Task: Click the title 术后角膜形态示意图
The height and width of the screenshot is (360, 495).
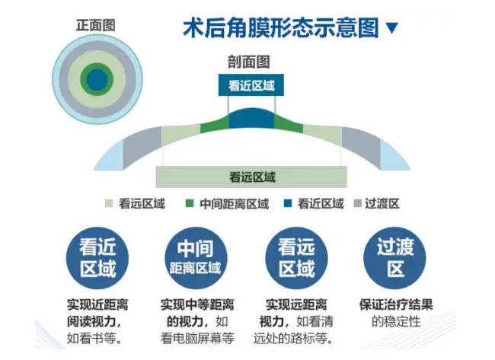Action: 281,27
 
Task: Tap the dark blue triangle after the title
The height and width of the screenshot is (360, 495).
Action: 391,27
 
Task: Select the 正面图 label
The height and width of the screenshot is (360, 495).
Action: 96,25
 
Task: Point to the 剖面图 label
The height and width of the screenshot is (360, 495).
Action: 249,62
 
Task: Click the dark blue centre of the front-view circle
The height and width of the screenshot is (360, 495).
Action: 97,79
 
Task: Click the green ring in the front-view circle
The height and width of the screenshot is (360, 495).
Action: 97,66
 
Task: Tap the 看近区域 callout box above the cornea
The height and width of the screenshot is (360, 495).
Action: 251,85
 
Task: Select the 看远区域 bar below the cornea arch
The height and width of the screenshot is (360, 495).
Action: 251,177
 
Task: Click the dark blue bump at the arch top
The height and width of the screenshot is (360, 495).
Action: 251,119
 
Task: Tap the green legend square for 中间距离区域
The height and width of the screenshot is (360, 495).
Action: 190,203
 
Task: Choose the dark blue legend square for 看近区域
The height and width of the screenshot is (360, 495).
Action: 288,203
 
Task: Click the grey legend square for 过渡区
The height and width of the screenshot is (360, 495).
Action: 357,203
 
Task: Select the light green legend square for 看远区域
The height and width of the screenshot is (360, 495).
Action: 109,203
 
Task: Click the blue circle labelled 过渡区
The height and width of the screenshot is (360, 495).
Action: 394,258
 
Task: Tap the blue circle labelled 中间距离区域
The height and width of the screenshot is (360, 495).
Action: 196,258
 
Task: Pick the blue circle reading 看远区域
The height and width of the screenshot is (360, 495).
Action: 296,258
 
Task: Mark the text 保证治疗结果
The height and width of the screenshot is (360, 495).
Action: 396,304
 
